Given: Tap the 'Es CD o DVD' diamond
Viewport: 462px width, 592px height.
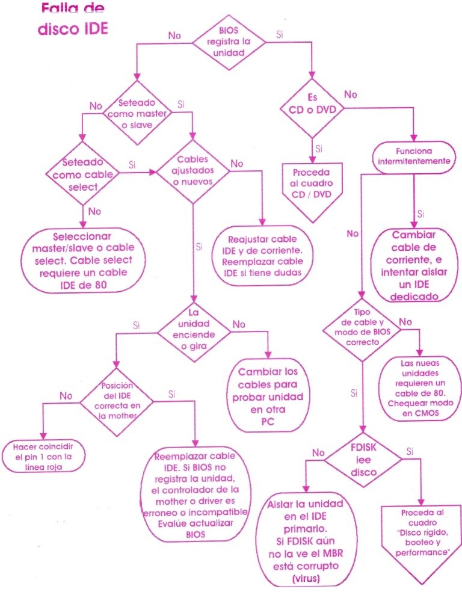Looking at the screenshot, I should click(x=313, y=103).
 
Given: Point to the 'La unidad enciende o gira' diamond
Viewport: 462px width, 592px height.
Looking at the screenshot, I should click(x=194, y=329).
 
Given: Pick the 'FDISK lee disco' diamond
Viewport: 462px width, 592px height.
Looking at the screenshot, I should click(x=364, y=460).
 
